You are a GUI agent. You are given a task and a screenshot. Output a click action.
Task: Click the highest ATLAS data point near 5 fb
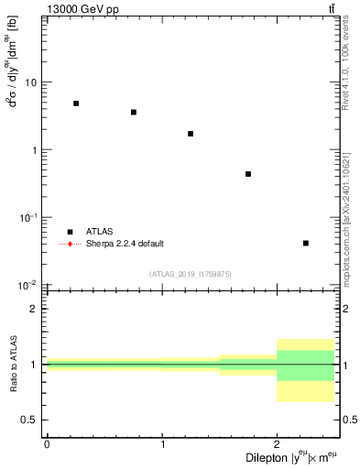click(76, 104)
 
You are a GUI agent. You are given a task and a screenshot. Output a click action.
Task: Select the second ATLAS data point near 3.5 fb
click(134, 113)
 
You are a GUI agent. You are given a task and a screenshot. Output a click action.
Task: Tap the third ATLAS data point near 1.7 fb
click(191, 134)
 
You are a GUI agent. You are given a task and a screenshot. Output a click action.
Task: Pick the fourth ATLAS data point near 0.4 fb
click(248, 174)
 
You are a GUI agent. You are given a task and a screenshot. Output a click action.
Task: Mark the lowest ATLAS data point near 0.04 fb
click(305, 243)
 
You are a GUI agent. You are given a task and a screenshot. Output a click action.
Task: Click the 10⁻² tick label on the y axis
click(29, 284)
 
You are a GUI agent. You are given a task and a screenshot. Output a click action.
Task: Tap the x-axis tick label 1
click(162, 444)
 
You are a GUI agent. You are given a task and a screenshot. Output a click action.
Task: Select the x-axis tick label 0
click(47, 444)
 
